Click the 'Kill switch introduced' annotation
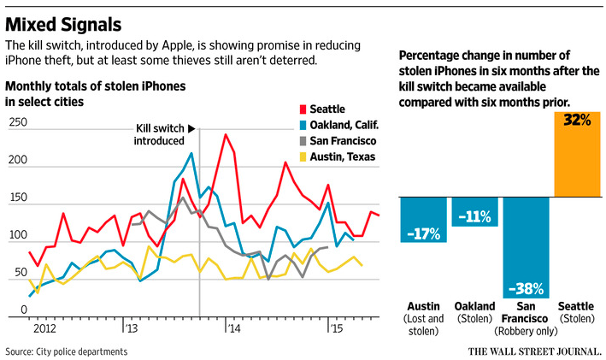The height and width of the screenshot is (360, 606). click(162, 135)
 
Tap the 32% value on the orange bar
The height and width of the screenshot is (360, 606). click(576, 121)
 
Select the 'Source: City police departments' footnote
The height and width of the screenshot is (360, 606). click(67, 351)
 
